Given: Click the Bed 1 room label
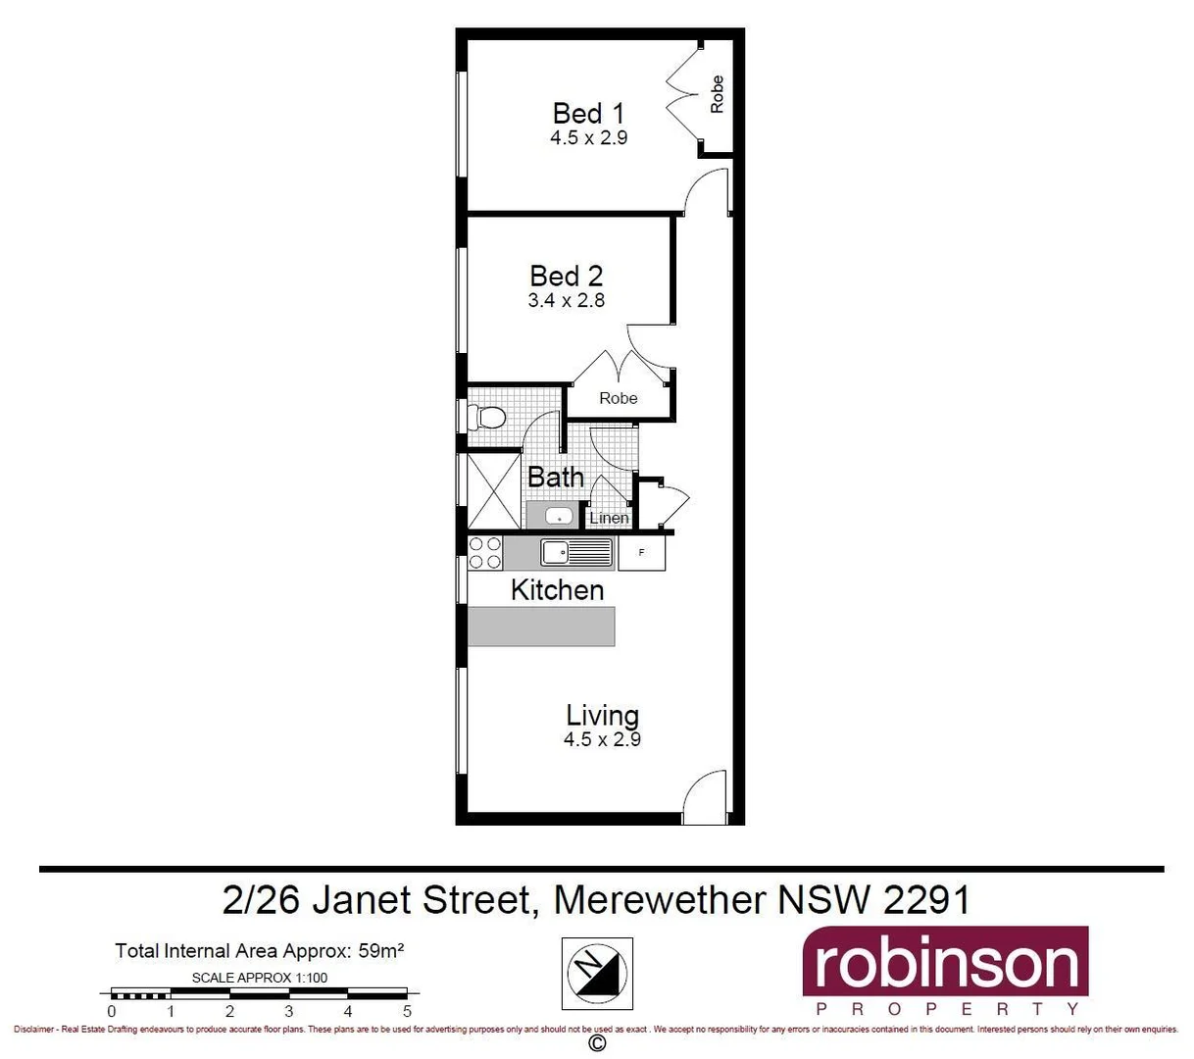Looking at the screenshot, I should click(588, 114).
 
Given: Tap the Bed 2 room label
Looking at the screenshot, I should click(566, 277).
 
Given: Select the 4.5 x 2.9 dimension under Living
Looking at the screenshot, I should click(602, 739).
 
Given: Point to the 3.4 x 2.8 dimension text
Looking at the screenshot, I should click(566, 301).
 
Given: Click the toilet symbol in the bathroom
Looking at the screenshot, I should click(486, 418).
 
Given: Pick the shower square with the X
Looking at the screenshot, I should click(493, 490).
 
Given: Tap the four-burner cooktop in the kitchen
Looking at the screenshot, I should click(485, 553).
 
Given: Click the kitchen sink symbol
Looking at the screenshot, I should click(575, 553).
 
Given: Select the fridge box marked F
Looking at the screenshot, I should click(642, 553).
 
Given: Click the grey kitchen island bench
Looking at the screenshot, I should click(541, 627).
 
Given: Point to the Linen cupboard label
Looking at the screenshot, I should click(609, 518).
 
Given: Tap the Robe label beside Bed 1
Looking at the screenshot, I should click(718, 94).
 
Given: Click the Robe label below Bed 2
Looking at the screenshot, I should click(618, 398).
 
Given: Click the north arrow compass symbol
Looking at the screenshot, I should click(597, 973).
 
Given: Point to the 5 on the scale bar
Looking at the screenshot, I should click(407, 1011).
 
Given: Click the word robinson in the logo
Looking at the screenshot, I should click(946, 963).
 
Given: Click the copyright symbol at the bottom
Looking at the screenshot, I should click(597, 1044).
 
